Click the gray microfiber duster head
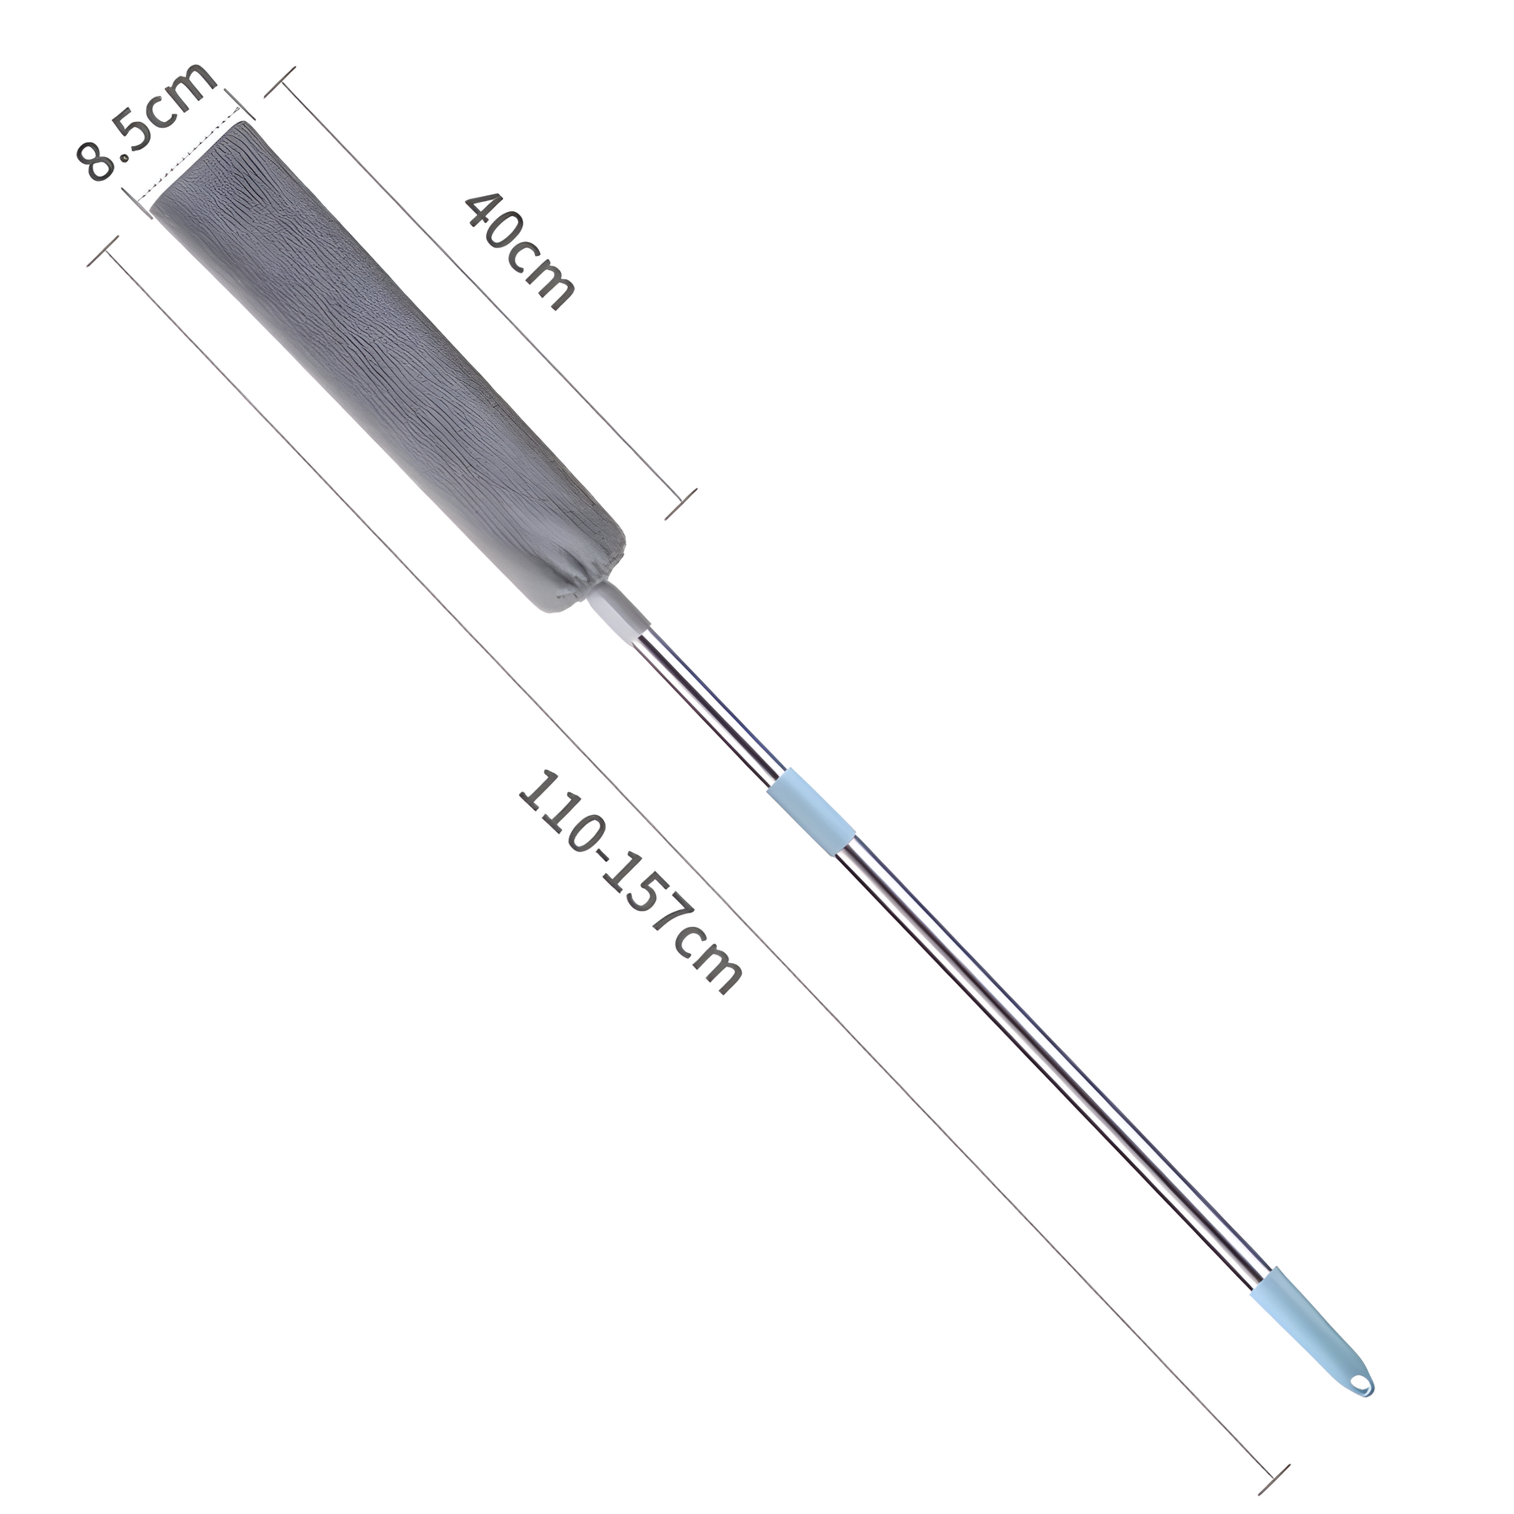tap(386, 365)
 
